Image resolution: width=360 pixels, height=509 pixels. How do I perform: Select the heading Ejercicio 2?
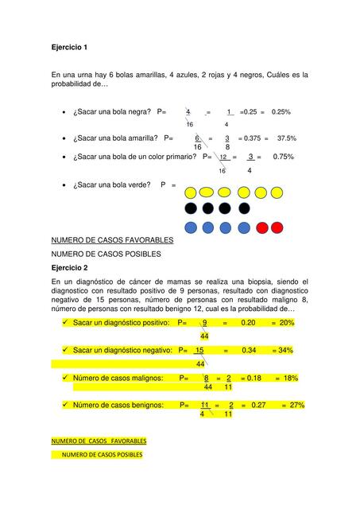coord(69,268)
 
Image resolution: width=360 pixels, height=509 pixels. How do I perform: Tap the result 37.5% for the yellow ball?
coord(286,138)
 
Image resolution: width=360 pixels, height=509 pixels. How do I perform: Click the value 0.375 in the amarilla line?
coord(257,138)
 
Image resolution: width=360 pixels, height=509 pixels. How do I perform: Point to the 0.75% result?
coord(283,157)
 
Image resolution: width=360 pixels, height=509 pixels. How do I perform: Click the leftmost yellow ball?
coord(190,192)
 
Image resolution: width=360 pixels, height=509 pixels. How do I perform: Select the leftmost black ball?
coord(190,209)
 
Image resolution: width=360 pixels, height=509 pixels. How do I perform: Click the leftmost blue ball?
coord(190,227)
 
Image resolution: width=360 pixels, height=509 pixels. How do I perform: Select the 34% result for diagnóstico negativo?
coord(285,350)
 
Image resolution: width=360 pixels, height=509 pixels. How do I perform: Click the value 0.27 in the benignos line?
coord(257,405)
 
